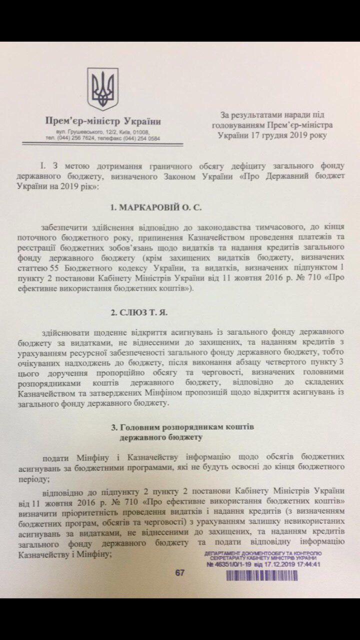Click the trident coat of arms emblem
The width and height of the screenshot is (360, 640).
pyautogui.click(x=102, y=89)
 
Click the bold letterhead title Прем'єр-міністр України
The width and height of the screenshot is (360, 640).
pyautogui.click(x=103, y=121)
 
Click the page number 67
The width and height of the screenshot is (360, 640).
pyautogui.click(x=179, y=573)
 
